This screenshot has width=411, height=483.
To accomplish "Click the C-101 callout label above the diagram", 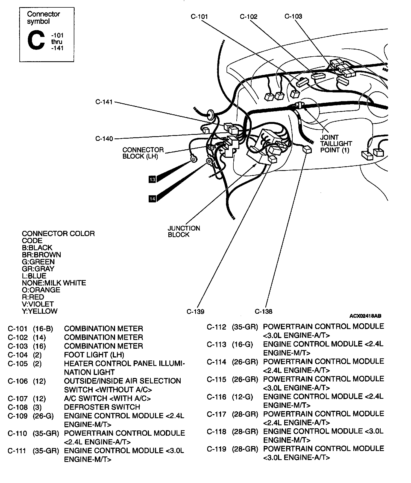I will [199, 17].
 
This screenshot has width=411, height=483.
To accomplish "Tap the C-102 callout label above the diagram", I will [249, 17].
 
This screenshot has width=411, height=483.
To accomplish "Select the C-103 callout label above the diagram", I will [293, 16].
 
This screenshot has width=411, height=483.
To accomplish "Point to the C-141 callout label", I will [104, 102].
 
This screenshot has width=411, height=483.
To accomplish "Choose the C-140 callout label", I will [104, 139].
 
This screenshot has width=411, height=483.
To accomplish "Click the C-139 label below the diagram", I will [195, 312].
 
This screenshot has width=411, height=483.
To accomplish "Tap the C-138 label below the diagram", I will [263, 311].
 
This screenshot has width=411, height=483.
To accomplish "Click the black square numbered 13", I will [152, 179].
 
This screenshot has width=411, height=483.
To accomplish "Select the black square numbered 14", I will [152, 199].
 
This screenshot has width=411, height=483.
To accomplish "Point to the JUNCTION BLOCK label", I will [184, 231].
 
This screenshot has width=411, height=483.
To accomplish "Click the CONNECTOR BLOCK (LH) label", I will [143, 153].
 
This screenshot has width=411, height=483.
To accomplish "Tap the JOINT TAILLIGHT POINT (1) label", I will [336, 144].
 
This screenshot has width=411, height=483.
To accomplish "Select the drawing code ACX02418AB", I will [365, 316].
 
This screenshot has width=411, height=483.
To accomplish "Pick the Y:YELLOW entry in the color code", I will [40, 311].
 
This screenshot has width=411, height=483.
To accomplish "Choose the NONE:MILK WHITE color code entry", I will [54, 283].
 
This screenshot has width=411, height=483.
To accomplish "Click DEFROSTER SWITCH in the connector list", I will [102, 407].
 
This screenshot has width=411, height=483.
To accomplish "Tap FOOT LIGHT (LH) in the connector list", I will [94, 355].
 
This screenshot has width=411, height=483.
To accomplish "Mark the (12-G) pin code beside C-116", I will [242, 397].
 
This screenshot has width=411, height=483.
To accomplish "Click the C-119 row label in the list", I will [216, 449].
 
